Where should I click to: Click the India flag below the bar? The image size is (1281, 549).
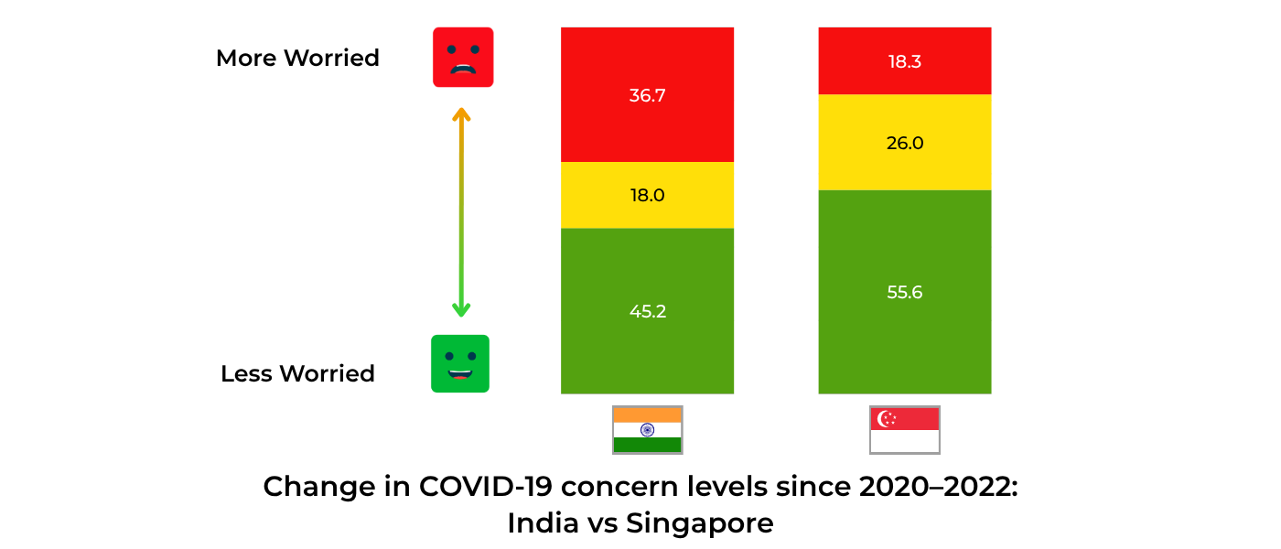point(647,430)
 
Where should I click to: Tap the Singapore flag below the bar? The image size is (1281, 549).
point(904,430)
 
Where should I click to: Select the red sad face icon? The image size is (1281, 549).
point(463,58)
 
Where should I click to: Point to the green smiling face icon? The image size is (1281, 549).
point(460,363)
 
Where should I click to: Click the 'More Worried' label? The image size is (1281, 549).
point(297,58)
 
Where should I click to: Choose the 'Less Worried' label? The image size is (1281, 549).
point(297,373)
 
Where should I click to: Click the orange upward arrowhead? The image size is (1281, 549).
point(461,114)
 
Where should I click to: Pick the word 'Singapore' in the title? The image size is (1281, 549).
point(699,524)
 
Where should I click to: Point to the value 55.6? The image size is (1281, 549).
point(904,293)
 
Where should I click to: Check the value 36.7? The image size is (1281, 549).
point(647,95)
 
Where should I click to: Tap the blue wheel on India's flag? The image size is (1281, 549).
point(647,430)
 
